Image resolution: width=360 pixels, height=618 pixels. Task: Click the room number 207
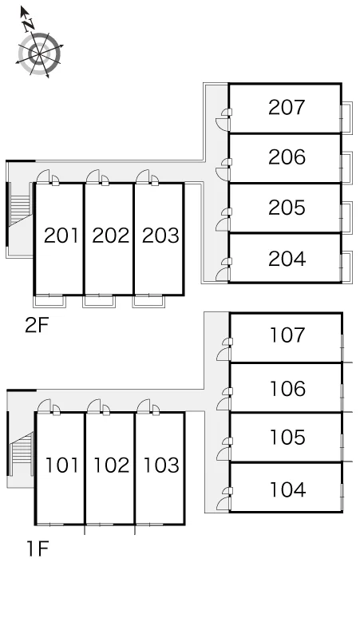tap(287, 107)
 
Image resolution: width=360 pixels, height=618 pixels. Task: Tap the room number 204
tap(287, 259)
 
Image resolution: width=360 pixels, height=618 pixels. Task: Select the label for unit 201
tap(61, 236)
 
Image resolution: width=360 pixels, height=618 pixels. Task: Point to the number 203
tap(160, 236)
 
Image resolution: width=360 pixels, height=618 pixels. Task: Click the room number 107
tap(287, 335)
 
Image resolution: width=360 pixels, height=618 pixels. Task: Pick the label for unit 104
tap(287, 489)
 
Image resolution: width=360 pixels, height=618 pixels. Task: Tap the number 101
tap(61, 465)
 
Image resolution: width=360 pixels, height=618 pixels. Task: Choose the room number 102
tap(112, 465)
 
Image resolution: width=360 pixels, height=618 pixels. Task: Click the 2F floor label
tap(36, 325)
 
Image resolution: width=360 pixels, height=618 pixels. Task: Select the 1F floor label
tap(38, 549)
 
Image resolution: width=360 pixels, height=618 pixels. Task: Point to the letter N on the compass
tap(28, 26)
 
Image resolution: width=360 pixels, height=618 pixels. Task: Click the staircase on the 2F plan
tap(20, 209)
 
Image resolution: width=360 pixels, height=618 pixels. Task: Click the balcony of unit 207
tap(346, 117)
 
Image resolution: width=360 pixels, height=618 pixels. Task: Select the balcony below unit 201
tap(49, 301)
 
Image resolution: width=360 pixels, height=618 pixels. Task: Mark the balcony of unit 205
tap(346, 217)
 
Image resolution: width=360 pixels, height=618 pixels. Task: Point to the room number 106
tap(287, 388)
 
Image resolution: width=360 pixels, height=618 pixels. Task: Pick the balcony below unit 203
tap(148, 301)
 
